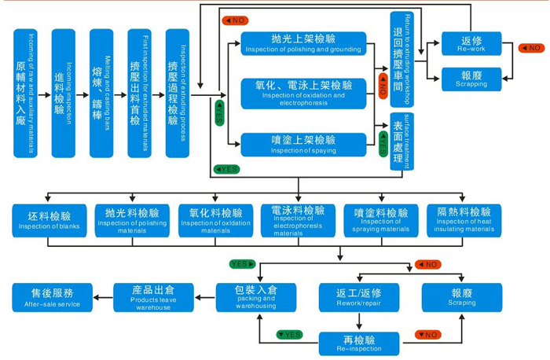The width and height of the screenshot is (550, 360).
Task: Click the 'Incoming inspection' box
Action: (64, 93)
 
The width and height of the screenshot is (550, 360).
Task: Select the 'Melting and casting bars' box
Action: (101, 93)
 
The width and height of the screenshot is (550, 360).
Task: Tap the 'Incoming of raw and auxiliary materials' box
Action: (26, 93)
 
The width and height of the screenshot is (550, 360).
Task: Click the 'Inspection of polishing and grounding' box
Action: (304, 44)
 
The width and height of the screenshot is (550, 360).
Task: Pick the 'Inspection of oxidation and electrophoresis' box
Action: (304, 91)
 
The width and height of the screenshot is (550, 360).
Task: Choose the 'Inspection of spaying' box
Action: (304, 144)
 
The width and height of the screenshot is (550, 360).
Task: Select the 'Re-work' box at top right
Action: (471, 44)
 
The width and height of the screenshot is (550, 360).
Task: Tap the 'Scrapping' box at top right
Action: (471, 79)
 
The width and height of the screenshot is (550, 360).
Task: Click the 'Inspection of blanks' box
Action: (49, 222)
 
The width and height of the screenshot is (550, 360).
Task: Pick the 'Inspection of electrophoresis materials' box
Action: (298, 222)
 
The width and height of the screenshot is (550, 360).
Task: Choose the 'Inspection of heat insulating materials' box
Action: (464, 222)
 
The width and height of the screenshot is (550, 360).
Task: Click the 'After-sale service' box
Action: (52, 298)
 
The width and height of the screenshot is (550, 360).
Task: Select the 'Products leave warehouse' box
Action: (154, 298)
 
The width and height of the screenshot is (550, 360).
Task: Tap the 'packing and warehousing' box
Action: (256, 298)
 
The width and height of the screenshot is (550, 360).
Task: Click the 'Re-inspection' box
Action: (360, 343)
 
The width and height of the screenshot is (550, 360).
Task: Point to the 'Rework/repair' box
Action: (360, 298)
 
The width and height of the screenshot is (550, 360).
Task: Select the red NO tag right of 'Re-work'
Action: (532, 48)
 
